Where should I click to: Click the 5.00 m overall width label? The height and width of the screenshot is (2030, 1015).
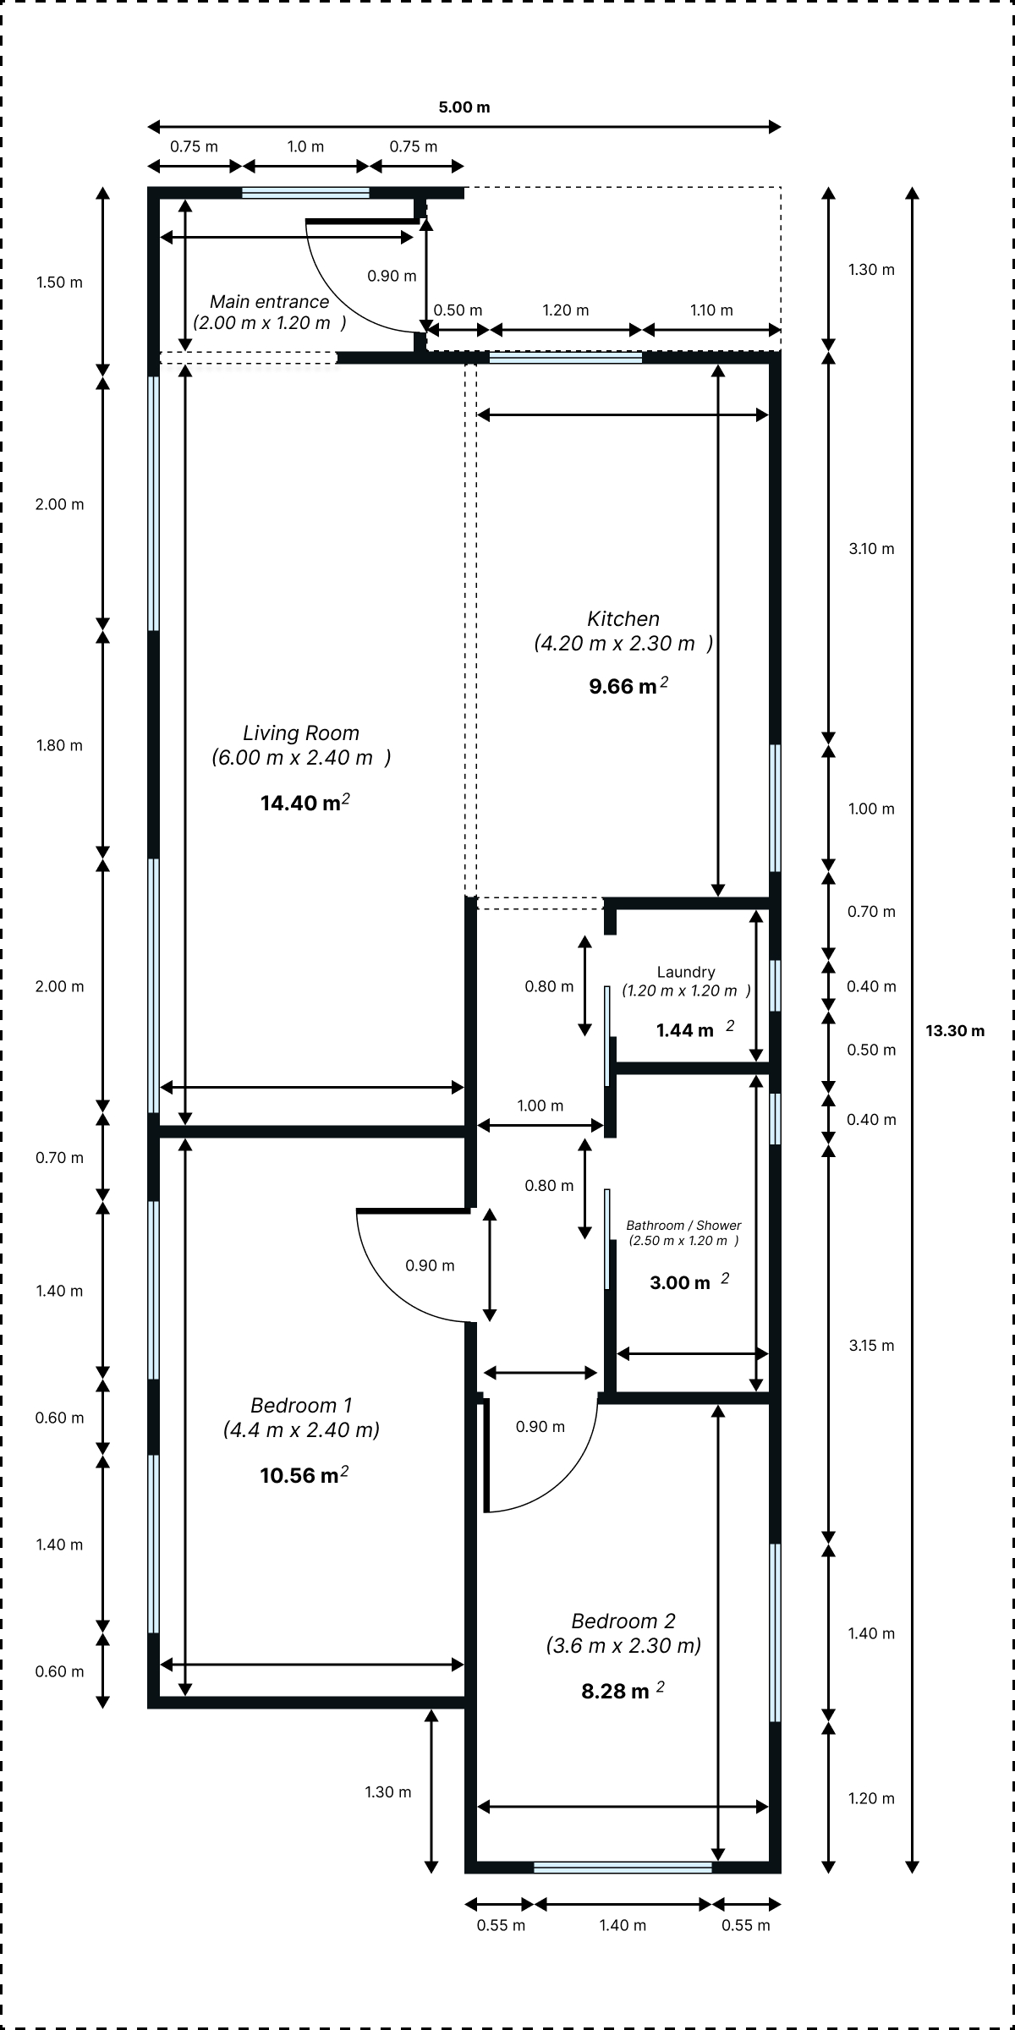[464, 107]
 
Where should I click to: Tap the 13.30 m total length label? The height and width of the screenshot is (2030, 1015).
[955, 1031]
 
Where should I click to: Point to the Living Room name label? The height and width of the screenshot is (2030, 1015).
[301, 733]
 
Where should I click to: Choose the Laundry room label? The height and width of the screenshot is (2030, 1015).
[686, 973]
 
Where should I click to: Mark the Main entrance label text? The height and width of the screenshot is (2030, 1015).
[269, 302]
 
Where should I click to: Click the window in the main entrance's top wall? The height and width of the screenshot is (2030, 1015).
[305, 193]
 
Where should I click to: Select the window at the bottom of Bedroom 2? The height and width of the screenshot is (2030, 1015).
[623, 1868]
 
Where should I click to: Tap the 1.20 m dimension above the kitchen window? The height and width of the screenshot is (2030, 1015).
[565, 310]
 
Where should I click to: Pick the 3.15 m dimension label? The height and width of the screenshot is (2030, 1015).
[871, 1346]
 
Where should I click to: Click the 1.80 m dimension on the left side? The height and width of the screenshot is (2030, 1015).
[59, 745]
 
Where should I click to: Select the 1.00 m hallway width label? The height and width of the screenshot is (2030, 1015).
[540, 1106]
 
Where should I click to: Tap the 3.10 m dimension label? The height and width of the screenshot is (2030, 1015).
[871, 549]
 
